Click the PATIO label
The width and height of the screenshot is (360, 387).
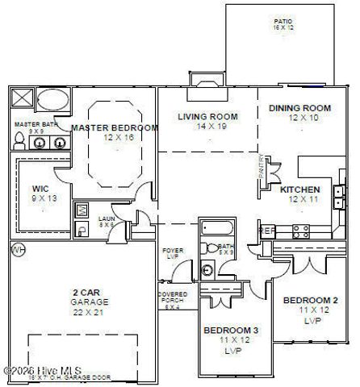pyautogui.click(x=283, y=22)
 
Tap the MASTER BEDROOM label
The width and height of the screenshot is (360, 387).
pyautogui.click(x=114, y=128)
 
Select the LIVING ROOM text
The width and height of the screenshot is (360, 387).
pyautogui.click(x=207, y=117)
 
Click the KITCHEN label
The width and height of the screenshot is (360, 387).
pyautogui.click(x=299, y=190)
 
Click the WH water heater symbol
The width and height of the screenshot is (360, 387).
pyautogui.click(x=15, y=251)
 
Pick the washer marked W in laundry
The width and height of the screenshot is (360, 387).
pyautogui.click(x=82, y=210)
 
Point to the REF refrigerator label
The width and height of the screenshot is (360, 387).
pyautogui.click(x=266, y=231)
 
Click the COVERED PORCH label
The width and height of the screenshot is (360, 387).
pyautogui.click(x=171, y=297)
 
